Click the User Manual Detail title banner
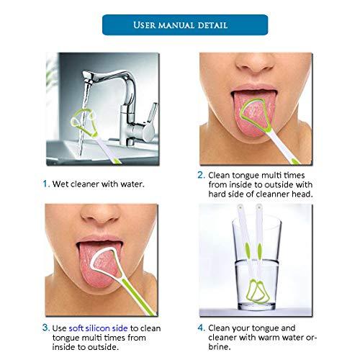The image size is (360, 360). [179, 25]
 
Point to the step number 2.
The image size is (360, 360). [201, 175]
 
